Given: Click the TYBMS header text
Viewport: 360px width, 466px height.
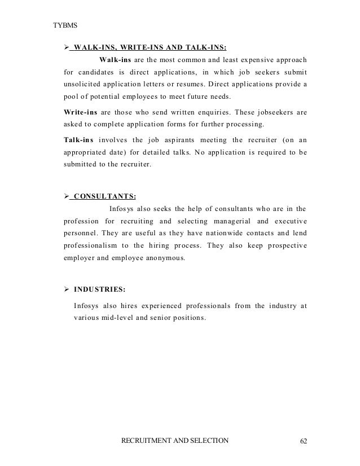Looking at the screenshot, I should [64, 26].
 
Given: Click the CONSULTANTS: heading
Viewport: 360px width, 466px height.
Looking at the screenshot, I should [104, 196].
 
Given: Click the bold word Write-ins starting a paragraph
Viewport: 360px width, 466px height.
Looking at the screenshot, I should [82, 112].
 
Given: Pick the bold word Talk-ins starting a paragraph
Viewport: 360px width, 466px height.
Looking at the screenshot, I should [80, 139].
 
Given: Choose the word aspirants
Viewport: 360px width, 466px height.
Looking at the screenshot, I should [169, 139].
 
